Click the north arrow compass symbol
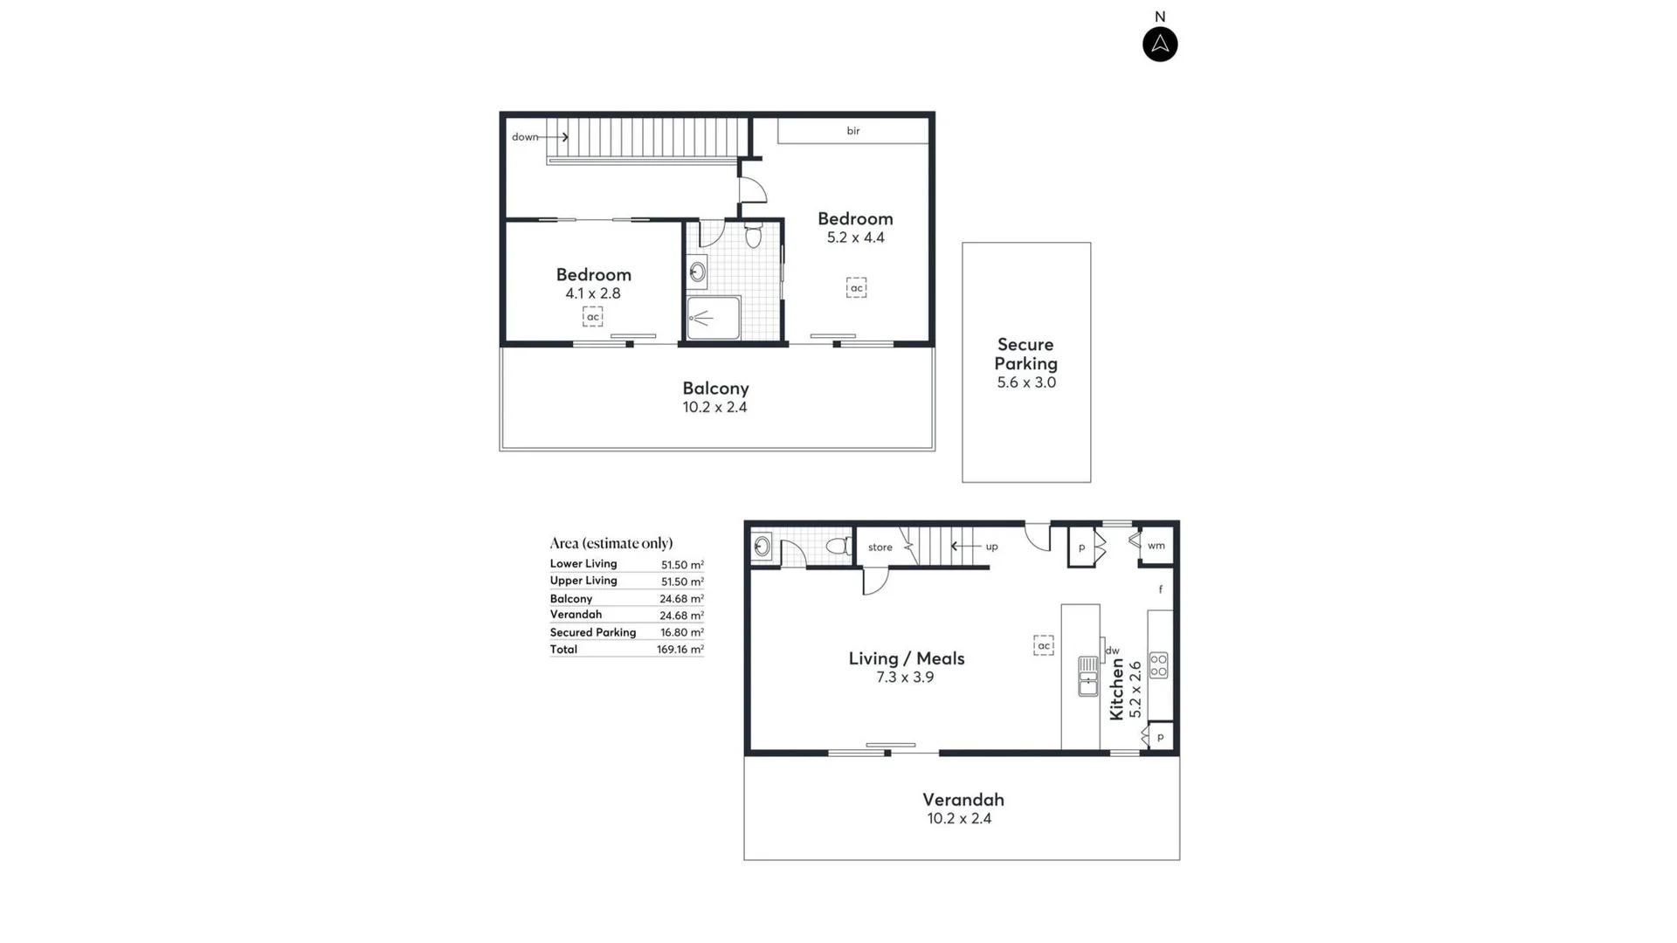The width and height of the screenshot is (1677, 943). click(x=1160, y=45)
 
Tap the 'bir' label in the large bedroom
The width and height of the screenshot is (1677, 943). click(x=853, y=131)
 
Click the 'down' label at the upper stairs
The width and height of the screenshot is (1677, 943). click(x=525, y=137)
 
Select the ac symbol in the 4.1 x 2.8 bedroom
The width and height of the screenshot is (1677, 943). click(x=593, y=317)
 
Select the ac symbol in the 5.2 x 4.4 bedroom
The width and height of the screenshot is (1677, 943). click(x=856, y=288)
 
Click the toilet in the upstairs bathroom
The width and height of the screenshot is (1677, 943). click(x=754, y=235)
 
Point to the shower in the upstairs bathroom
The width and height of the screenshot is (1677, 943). click(x=713, y=318)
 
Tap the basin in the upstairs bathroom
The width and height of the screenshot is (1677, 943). click(x=697, y=272)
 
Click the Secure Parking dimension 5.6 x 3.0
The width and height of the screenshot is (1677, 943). click(x=1026, y=382)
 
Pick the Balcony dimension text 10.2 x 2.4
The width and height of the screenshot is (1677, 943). click(x=714, y=408)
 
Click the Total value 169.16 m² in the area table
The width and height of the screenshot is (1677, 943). click(x=680, y=650)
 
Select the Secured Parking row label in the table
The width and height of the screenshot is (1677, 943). click(x=592, y=632)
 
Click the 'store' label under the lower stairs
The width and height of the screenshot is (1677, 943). click(x=880, y=547)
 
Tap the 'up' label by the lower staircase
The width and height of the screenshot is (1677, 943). click(x=991, y=547)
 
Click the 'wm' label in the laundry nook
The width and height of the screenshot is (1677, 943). click(x=1156, y=546)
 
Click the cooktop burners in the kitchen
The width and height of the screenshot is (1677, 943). click(x=1158, y=665)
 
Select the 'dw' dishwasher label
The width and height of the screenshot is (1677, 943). click(x=1112, y=650)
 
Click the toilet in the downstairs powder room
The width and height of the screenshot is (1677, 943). click(x=838, y=547)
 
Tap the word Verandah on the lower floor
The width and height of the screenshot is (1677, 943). click(x=963, y=800)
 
